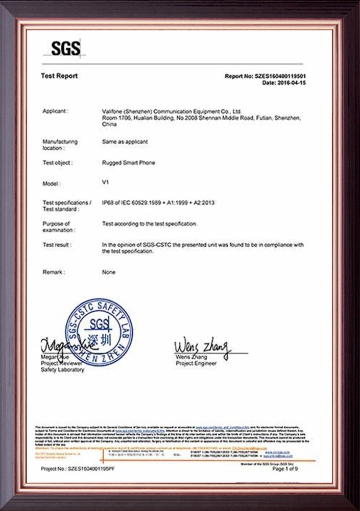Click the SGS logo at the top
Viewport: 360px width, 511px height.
point(66,49)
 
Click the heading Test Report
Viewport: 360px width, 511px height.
point(59,76)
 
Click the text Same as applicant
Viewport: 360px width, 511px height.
point(125,142)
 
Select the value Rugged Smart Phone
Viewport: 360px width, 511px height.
point(129,162)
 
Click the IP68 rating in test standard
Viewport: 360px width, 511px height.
point(109,203)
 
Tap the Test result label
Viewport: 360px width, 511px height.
point(57,245)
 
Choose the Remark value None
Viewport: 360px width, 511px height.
point(109,272)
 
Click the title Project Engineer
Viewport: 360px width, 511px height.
point(196,363)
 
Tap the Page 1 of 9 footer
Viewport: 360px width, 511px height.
point(294,469)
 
